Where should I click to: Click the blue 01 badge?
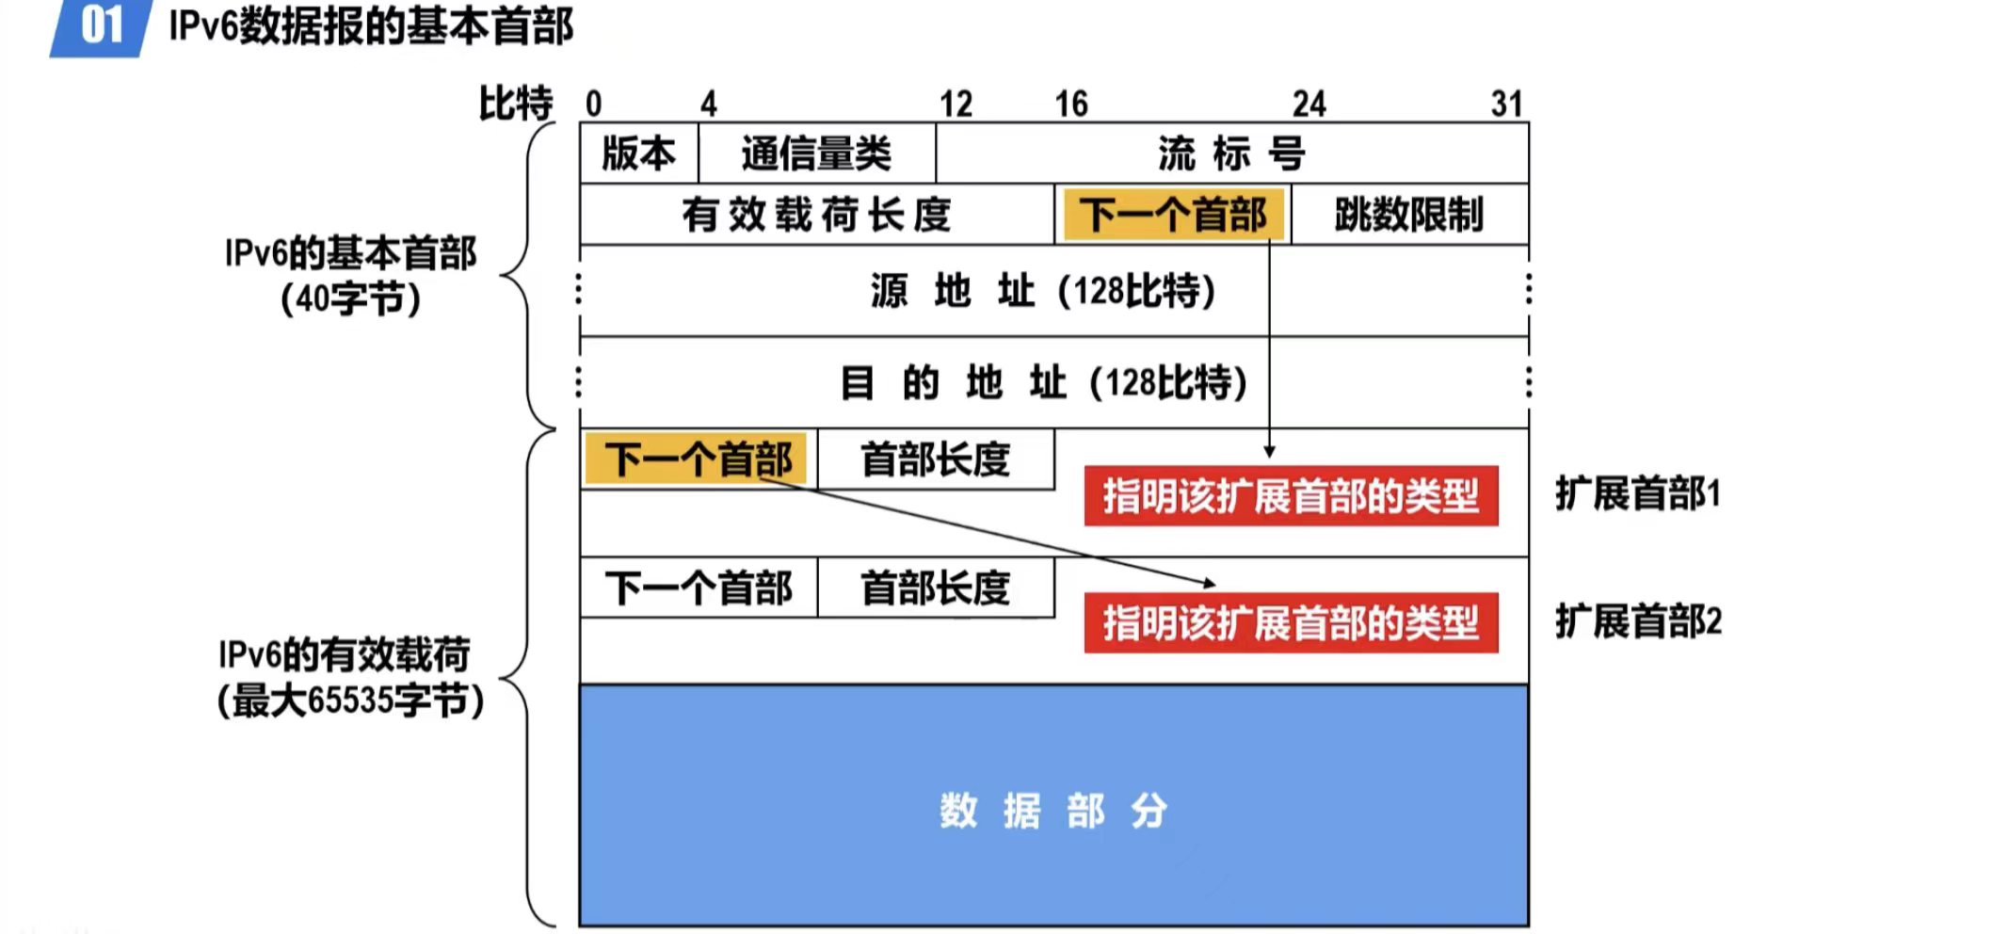pos(101,26)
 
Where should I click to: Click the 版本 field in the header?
pos(638,153)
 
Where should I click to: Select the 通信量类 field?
pos(816,153)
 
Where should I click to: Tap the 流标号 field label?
pos(1230,153)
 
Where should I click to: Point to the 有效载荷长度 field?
pos(816,215)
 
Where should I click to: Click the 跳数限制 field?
pos(1408,215)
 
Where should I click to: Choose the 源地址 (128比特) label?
pos(1043,291)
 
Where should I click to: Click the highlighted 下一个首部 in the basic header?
pos(1172,215)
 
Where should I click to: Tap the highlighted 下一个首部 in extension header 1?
pos(698,459)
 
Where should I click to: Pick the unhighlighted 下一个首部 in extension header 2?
pos(698,588)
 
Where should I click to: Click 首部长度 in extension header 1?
pos(935,459)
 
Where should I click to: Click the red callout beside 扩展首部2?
pos(1291,622)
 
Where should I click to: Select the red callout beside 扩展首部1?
pos(1291,495)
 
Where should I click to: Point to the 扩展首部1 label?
pos(1637,493)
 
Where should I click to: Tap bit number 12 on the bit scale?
pos(956,104)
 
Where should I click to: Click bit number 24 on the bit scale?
pos(1309,104)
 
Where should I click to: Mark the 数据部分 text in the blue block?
pos(1053,811)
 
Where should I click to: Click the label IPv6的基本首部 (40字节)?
pos(350,276)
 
